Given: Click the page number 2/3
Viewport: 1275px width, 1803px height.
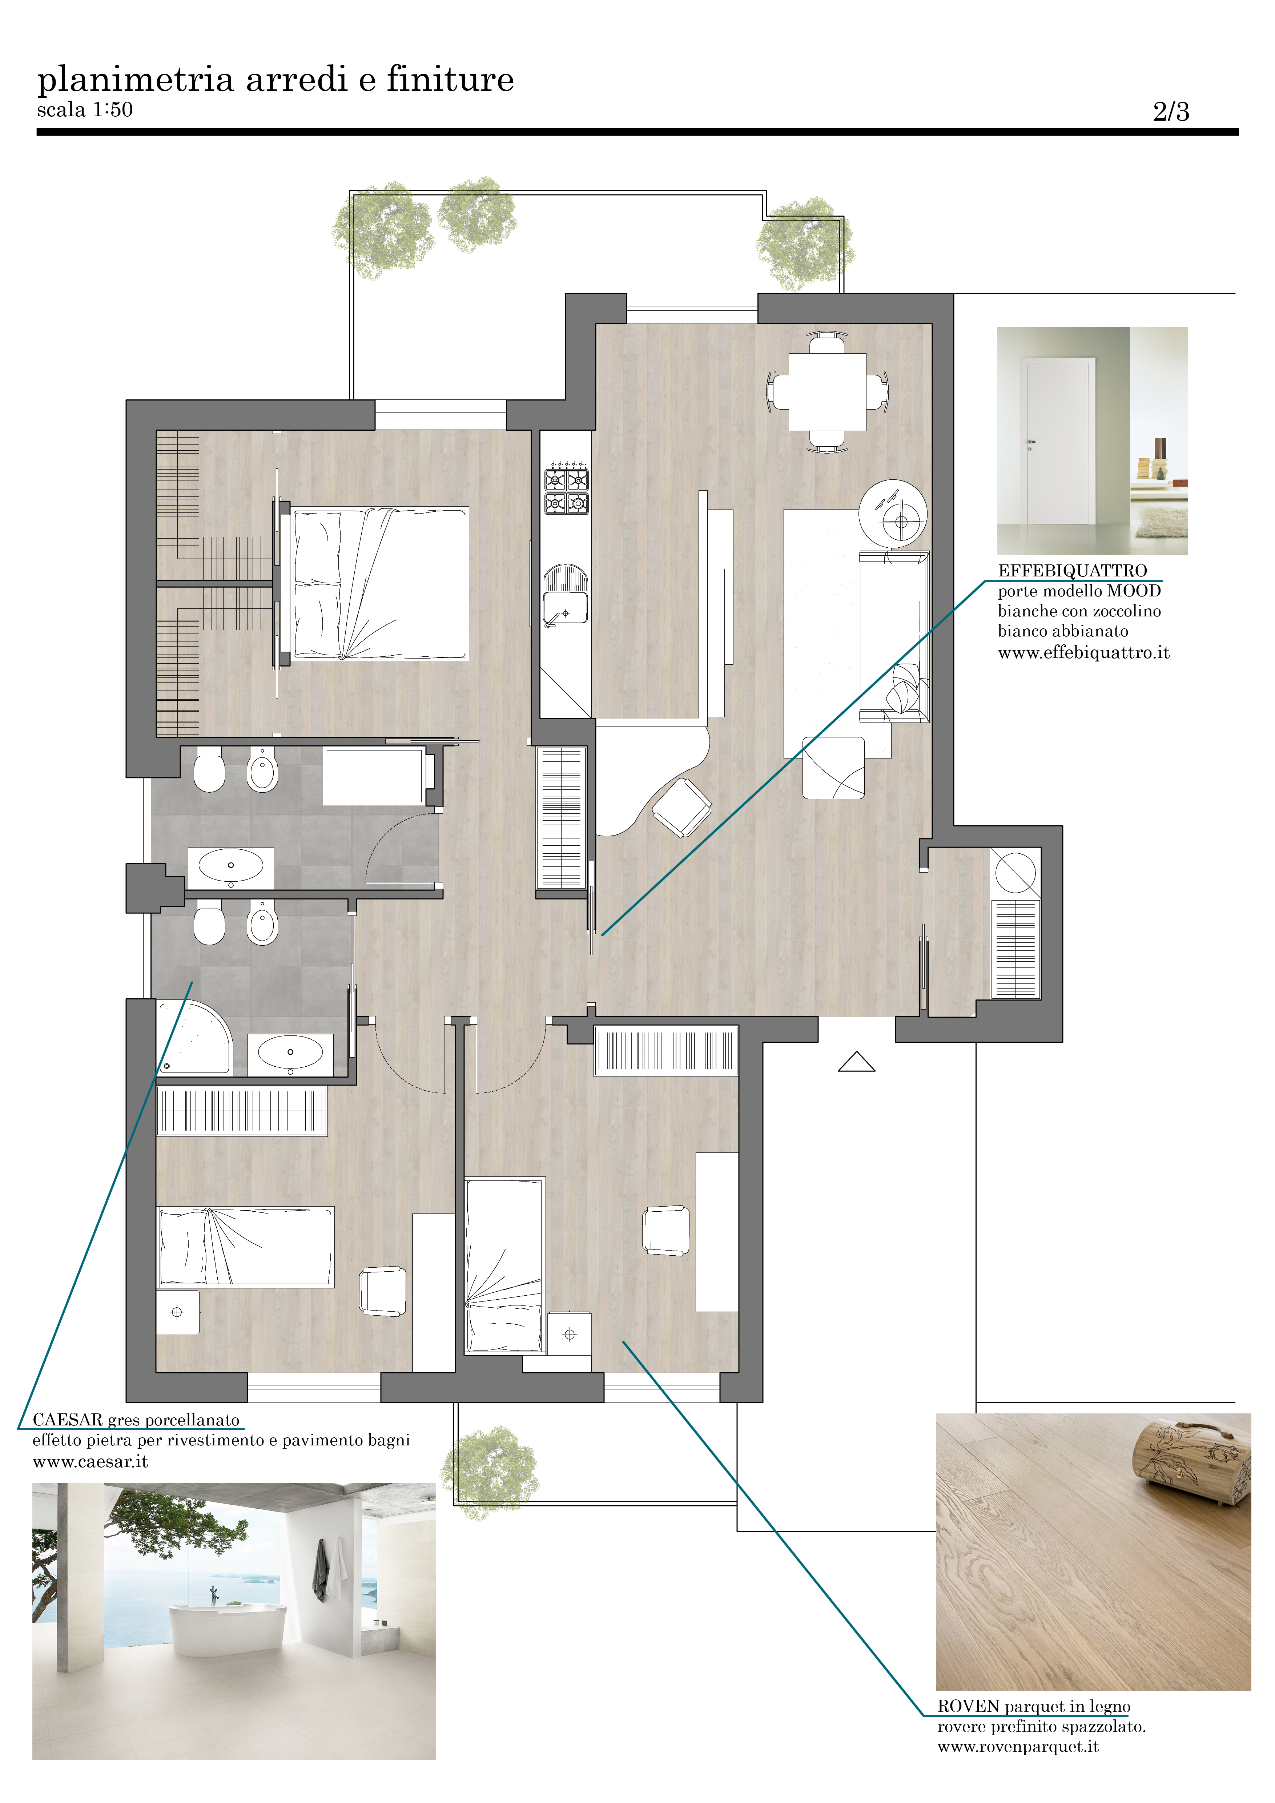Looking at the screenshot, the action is tap(1171, 112).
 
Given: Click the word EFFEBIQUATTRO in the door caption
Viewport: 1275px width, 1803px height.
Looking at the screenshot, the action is tap(1073, 571).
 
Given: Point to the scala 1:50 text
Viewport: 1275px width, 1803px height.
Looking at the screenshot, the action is tap(85, 110).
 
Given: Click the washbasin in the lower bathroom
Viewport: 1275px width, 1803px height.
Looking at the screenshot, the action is tap(290, 1052).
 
